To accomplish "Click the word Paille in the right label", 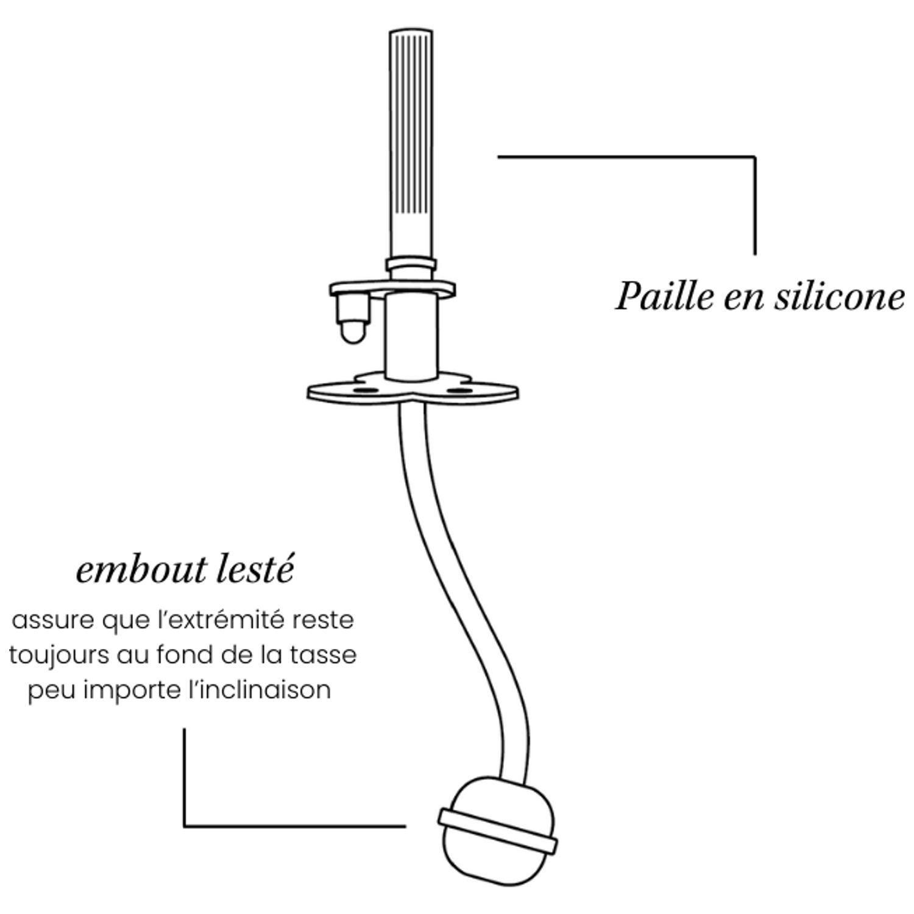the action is [664, 297].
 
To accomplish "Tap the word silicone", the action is [840, 296].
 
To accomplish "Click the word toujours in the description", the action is [58, 656].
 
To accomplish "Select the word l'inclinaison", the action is [262, 690].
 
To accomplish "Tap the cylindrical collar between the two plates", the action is [411, 335].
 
